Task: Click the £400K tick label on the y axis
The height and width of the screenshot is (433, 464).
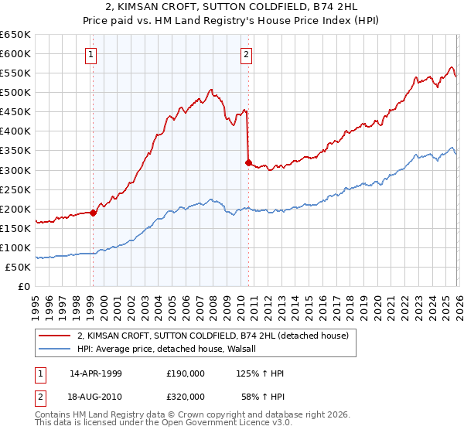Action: point(15,131)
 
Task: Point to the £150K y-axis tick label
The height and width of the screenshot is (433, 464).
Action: point(15,228)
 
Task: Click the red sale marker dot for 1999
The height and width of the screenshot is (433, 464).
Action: point(94,213)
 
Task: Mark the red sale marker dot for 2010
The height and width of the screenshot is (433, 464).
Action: point(248,162)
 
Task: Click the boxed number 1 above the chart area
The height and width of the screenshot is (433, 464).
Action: point(92,54)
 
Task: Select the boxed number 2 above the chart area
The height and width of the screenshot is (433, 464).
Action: point(246,54)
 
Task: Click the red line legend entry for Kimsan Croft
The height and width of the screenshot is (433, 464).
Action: point(213,336)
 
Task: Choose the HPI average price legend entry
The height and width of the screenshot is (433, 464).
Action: point(171,349)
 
